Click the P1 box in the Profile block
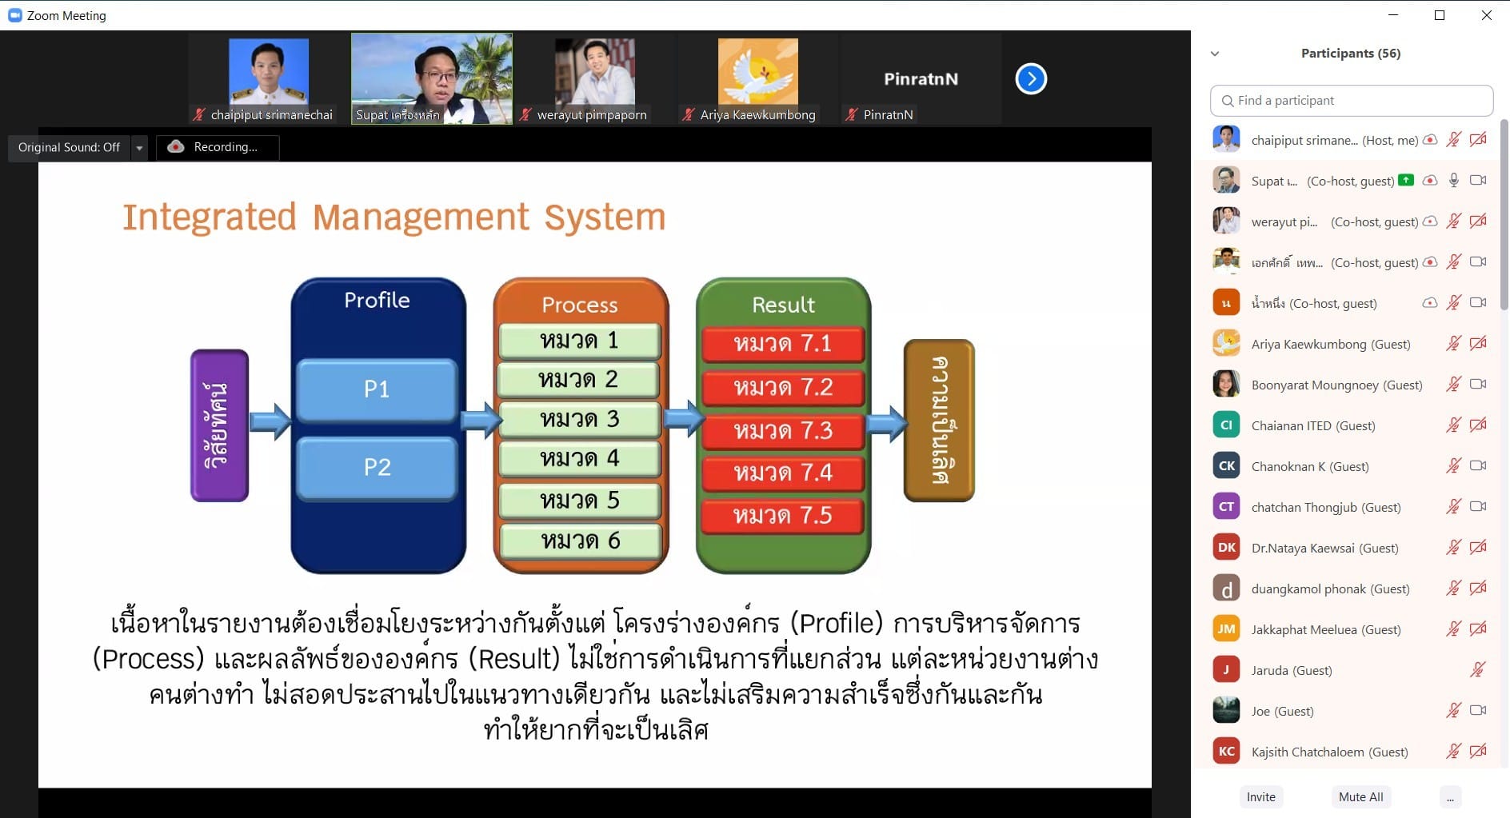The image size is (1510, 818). point(377,389)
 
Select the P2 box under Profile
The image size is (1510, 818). point(377,468)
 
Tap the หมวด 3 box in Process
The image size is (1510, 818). point(580,419)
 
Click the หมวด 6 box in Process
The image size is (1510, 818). point(581,541)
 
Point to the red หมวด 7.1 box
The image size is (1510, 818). point(783,345)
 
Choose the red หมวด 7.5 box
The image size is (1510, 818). point(783,516)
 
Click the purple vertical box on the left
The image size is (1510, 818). point(219,425)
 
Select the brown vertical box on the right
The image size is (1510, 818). point(939,421)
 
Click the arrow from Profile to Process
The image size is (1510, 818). point(482,421)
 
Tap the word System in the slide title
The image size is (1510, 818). point(605,217)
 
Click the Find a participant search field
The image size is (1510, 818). point(1352,101)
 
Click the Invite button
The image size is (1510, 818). point(1261,797)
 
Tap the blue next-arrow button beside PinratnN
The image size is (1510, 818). point(1031,78)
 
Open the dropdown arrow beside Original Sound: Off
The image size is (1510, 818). point(139,148)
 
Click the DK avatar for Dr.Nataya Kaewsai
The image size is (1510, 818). point(1226,548)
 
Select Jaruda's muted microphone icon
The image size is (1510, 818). point(1478,670)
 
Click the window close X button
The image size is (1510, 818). point(1486,15)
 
